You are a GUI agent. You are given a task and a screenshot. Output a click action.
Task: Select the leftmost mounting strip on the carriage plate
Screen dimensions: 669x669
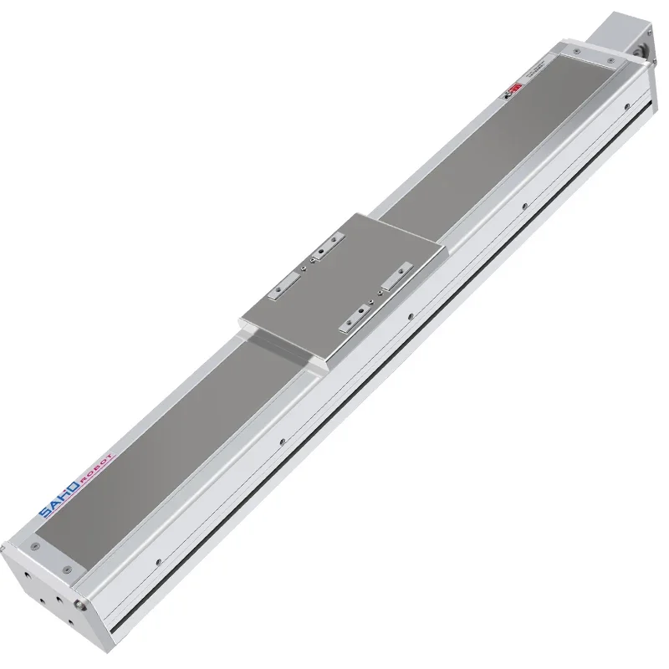(x=282, y=285)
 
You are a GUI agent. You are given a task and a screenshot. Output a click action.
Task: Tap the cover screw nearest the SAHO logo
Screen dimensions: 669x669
(x=34, y=546)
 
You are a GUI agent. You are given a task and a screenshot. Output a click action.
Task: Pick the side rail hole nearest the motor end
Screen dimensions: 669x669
(x=624, y=107)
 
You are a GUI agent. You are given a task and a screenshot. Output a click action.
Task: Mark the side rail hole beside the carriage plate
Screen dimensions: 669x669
(x=409, y=316)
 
